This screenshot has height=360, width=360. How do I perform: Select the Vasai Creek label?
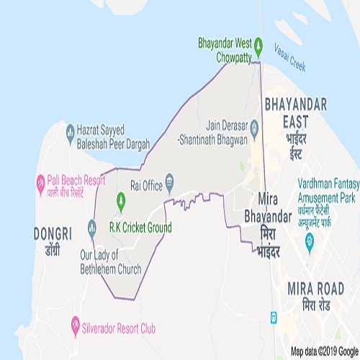coord(290,60)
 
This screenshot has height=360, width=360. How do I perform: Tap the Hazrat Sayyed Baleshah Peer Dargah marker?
coord(70,131)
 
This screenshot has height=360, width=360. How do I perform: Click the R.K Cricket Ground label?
coord(141,228)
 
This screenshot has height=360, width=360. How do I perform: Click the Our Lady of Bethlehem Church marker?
coord(91,227)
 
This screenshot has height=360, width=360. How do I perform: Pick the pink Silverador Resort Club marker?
coord(74,328)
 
